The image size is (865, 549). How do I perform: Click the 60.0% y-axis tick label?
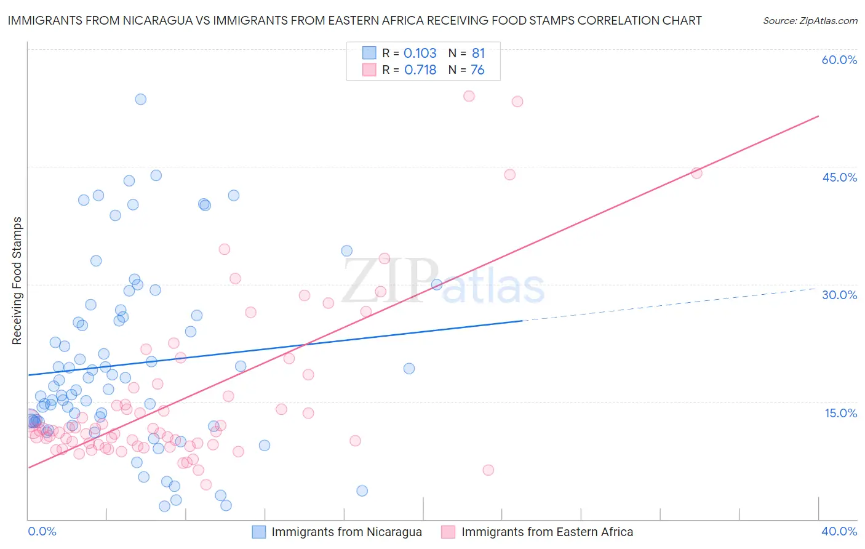(839, 60)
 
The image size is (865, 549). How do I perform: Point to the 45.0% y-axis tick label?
(839, 177)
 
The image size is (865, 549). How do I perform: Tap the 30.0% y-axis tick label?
(839, 295)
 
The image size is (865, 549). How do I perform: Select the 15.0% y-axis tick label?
(840, 413)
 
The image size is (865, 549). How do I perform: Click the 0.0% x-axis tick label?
(42, 531)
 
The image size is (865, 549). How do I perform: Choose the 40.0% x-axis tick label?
(839, 531)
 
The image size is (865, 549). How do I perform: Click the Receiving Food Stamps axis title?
(17, 281)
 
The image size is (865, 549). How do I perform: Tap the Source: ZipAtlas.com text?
(810, 21)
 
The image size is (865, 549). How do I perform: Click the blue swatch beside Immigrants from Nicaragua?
(259, 532)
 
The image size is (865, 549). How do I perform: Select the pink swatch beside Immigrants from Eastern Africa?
(448, 532)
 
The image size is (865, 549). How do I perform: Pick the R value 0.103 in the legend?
(420, 53)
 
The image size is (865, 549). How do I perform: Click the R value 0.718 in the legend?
(420, 70)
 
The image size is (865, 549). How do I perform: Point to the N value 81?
(478, 53)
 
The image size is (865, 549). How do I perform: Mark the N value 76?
(477, 70)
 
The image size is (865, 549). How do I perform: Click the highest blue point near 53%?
(140, 99)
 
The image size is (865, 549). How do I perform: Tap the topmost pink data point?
(469, 96)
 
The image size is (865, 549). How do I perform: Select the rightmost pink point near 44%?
(696, 173)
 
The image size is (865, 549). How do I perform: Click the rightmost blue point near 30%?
(437, 284)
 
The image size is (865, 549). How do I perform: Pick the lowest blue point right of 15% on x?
(362, 491)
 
